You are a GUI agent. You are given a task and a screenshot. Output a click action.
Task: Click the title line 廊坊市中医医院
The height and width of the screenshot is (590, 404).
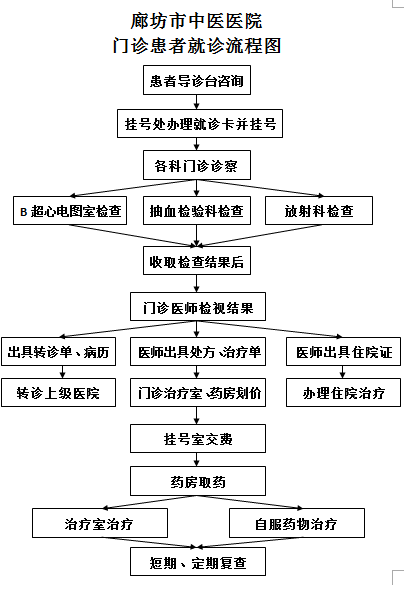point(196,21)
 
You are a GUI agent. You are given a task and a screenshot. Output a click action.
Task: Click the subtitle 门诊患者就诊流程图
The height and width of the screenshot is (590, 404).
point(197,46)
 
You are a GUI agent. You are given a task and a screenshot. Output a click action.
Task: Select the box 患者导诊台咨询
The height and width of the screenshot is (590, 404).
point(197,80)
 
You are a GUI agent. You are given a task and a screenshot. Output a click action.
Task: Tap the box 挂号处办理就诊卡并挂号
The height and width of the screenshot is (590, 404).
point(200,123)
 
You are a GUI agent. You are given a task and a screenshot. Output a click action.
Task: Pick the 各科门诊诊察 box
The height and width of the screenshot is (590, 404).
point(197,165)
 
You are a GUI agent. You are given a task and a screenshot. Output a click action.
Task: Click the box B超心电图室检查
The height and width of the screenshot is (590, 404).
point(70,211)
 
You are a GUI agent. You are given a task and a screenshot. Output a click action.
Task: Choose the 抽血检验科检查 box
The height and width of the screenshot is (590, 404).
point(197,211)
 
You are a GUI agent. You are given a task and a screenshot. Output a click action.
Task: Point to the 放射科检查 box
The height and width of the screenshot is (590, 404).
point(319,211)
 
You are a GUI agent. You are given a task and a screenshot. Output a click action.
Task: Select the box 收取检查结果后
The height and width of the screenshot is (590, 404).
point(197,261)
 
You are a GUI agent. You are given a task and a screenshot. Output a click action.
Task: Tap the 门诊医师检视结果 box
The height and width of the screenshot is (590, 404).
point(198,307)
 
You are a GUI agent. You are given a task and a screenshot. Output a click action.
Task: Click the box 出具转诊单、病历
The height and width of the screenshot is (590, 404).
point(58,351)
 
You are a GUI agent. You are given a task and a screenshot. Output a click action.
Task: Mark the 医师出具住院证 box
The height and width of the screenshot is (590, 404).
point(343,351)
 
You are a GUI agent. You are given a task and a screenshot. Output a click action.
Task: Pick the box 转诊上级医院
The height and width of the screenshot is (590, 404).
point(58,392)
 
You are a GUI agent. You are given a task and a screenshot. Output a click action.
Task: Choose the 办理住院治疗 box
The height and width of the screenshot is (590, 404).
point(343,392)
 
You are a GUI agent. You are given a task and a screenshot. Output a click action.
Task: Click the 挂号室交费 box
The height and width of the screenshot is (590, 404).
point(198,439)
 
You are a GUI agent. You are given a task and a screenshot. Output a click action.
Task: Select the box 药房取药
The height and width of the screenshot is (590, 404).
point(198,481)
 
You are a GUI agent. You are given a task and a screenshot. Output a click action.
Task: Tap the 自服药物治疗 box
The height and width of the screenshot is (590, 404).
point(297,523)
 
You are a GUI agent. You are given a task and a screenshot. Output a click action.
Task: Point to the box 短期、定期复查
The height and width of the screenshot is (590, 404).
point(198,562)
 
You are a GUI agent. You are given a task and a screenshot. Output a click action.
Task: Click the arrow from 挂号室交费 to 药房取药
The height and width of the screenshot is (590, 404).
point(197,460)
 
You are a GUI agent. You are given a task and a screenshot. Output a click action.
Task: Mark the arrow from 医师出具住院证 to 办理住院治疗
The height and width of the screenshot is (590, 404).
point(342,372)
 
